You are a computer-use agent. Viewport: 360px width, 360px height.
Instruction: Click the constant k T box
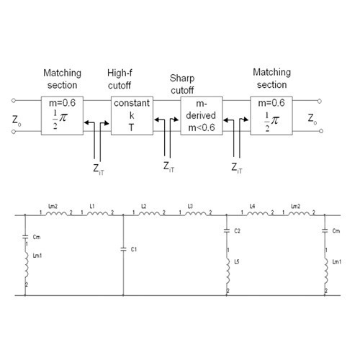tap(130, 115)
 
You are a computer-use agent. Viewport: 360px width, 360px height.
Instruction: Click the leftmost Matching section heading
tap(63, 78)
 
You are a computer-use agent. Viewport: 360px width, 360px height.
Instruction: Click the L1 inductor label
tap(91, 207)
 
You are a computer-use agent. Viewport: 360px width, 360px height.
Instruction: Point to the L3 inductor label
tap(189, 207)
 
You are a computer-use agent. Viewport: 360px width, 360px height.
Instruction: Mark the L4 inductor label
tap(252, 207)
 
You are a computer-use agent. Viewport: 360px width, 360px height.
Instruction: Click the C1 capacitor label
tap(132, 248)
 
